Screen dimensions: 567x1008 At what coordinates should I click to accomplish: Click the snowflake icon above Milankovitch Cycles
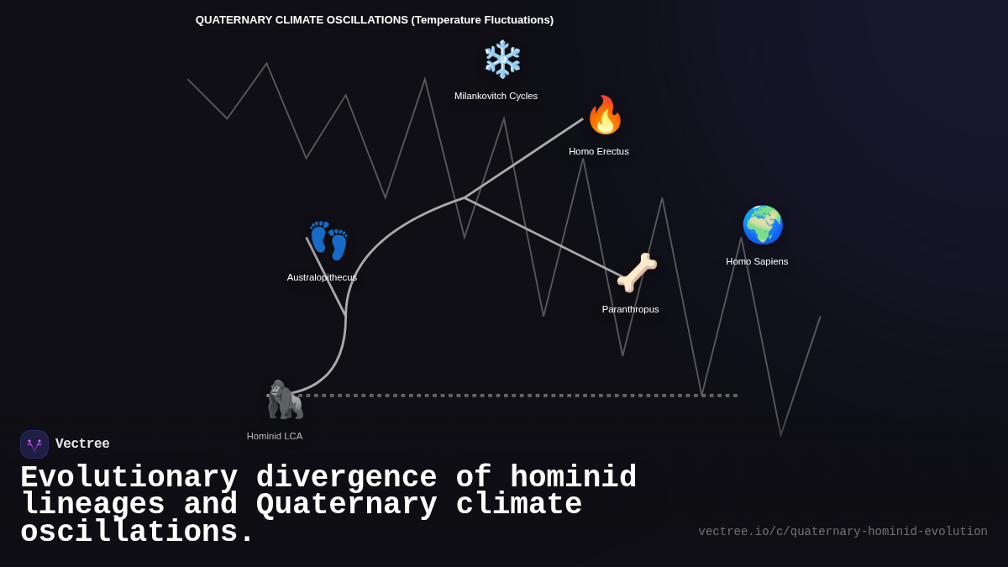502,59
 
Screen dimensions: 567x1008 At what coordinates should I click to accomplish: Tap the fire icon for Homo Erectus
605,115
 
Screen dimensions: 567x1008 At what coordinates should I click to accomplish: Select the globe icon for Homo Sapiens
762,224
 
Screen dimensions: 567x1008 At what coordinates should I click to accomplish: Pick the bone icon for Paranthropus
637,272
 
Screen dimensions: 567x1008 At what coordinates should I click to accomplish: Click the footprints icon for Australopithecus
328,240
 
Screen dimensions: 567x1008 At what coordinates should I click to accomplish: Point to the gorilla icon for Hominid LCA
285,400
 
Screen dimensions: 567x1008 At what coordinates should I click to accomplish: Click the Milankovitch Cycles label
496,96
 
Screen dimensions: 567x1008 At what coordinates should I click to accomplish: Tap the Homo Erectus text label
599,151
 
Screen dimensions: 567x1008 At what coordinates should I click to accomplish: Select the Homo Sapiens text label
757,261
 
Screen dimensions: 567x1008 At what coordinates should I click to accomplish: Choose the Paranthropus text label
630,309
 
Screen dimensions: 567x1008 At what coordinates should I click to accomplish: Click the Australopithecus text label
322,277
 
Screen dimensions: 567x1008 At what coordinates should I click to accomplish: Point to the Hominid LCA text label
275,436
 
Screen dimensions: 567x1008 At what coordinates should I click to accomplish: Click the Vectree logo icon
34,444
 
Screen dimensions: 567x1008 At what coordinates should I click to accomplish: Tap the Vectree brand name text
82,444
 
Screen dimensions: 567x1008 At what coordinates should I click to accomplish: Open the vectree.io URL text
843,532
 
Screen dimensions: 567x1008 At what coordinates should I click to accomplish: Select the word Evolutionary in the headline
129,478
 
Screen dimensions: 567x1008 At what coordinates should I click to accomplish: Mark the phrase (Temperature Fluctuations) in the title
482,20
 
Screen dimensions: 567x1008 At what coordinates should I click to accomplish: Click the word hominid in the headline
574,478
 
